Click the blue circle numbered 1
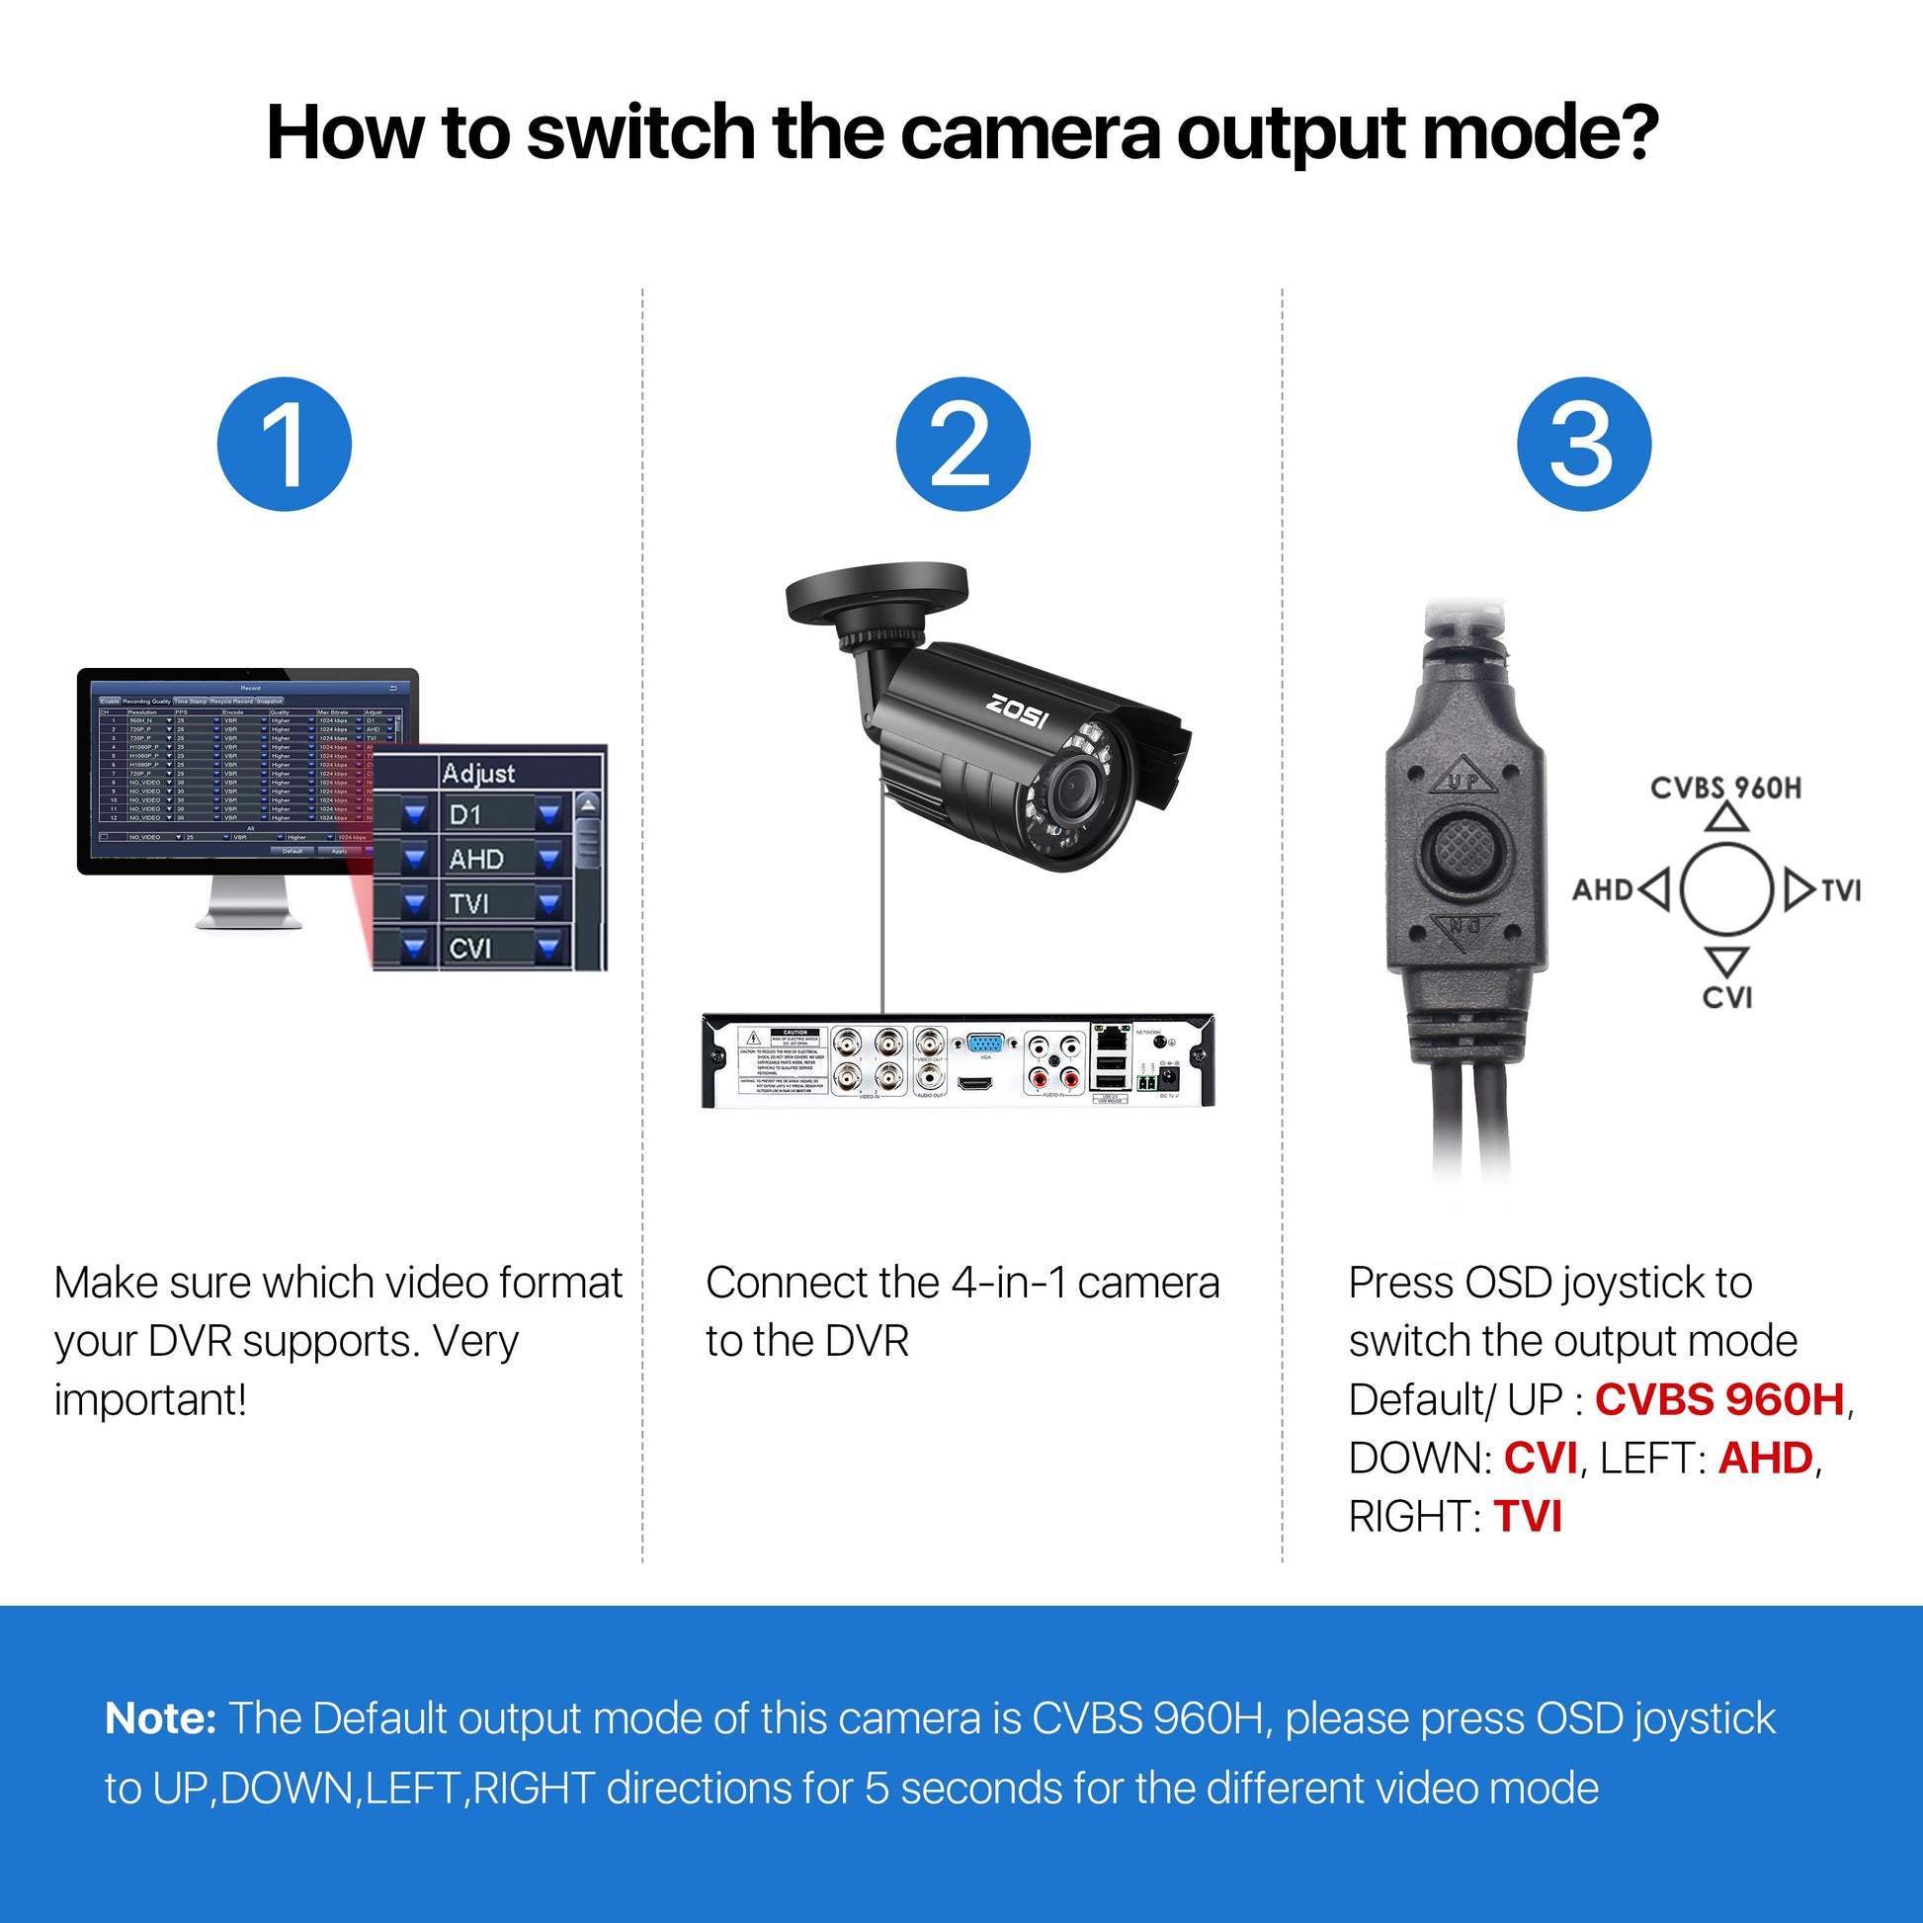pyautogui.click(x=285, y=444)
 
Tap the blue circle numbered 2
pyautogui.click(x=962, y=444)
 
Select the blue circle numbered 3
pyautogui.click(x=1584, y=444)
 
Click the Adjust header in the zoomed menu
pyautogui.click(x=478, y=774)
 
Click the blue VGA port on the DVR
pyautogui.click(x=985, y=1045)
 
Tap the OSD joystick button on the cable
pyautogui.click(x=1463, y=848)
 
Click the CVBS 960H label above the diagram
pyautogui.click(x=1725, y=789)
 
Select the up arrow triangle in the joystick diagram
pyautogui.click(x=1727, y=818)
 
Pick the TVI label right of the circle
pyautogui.click(x=1841, y=889)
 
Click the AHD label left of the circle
pyautogui.click(x=1603, y=889)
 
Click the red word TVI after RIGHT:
pyautogui.click(x=1528, y=1517)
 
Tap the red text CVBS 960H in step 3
pyautogui.click(x=1720, y=1399)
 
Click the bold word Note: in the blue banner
pyautogui.click(x=160, y=1719)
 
